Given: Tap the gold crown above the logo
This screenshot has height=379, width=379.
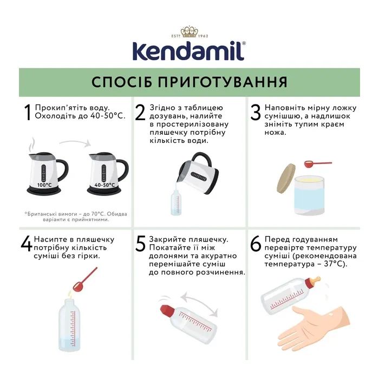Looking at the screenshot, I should tap(189, 31).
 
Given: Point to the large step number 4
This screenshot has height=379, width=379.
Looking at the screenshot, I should tap(27, 244).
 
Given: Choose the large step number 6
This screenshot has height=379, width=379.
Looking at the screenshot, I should tap(256, 244).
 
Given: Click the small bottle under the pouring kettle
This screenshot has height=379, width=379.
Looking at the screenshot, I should tap(176, 203).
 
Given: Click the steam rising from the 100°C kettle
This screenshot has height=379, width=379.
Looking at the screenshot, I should tap(32, 145).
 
